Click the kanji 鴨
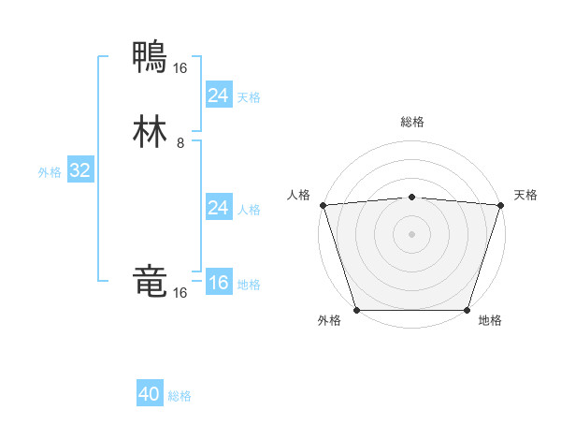click(x=151, y=58)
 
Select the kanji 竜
click(x=151, y=282)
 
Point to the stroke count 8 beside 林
click(x=180, y=143)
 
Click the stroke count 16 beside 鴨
click(x=180, y=67)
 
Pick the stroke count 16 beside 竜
click(x=180, y=293)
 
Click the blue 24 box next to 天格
click(x=218, y=95)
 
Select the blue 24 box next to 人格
click(x=218, y=208)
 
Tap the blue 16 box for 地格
click(x=218, y=283)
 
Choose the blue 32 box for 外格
click(x=79, y=170)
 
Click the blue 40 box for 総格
click(x=150, y=394)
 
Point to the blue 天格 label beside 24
click(x=249, y=97)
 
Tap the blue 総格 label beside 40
click(x=180, y=396)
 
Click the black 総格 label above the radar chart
click(x=411, y=122)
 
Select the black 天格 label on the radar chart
click(x=525, y=195)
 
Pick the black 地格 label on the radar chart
click(x=490, y=321)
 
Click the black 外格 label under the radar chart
click(x=329, y=321)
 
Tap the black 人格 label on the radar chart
click(x=298, y=195)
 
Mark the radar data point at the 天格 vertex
click(x=500, y=205)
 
